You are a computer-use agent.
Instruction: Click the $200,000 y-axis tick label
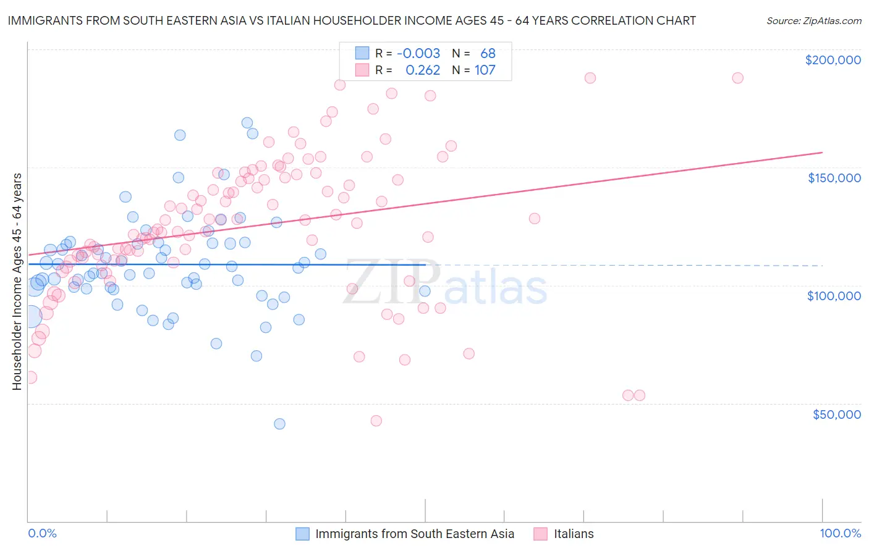pyautogui.click(x=833, y=60)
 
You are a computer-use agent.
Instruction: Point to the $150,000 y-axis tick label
pyautogui.click(x=834, y=178)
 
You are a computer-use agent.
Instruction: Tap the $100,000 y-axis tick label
pyautogui.click(x=834, y=296)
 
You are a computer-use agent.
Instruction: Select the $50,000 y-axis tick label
pyautogui.click(x=836, y=414)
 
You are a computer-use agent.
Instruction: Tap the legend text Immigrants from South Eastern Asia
pyautogui.click(x=414, y=534)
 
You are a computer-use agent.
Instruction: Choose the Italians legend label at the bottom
pyautogui.click(x=573, y=534)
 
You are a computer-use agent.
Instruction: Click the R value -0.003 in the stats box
pyautogui.click(x=418, y=54)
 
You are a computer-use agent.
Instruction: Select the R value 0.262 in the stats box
pyautogui.click(x=423, y=70)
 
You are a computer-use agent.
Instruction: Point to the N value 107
pyautogui.click(x=485, y=70)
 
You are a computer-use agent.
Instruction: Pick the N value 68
pyautogui.click(x=488, y=54)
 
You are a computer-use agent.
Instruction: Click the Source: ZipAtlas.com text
pyautogui.click(x=813, y=21)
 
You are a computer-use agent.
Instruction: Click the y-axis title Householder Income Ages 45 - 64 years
pyautogui.click(x=17, y=281)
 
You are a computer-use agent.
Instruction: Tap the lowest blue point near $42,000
pyautogui.click(x=279, y=424)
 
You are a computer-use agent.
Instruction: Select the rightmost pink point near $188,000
pyautogui.click(x=737, y=78)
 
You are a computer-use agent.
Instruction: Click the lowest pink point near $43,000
pyautogui.click(x=376, y=421)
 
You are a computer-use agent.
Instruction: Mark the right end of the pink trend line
pyautogui.click(x=822, y=152)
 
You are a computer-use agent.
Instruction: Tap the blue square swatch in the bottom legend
pyautogui.click(x=302, y=534)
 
